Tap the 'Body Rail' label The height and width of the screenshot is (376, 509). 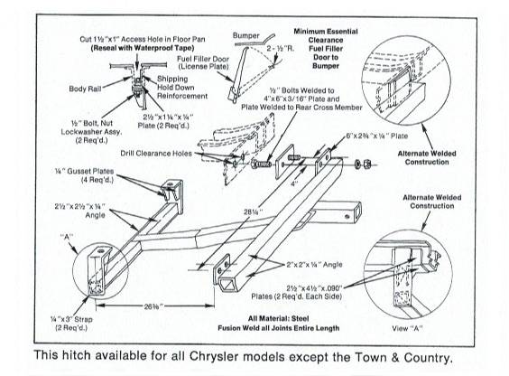[x=89, y=89]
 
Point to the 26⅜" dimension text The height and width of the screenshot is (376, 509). [x=141, y=307]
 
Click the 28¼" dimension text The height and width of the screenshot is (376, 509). [x=215, y=211]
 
